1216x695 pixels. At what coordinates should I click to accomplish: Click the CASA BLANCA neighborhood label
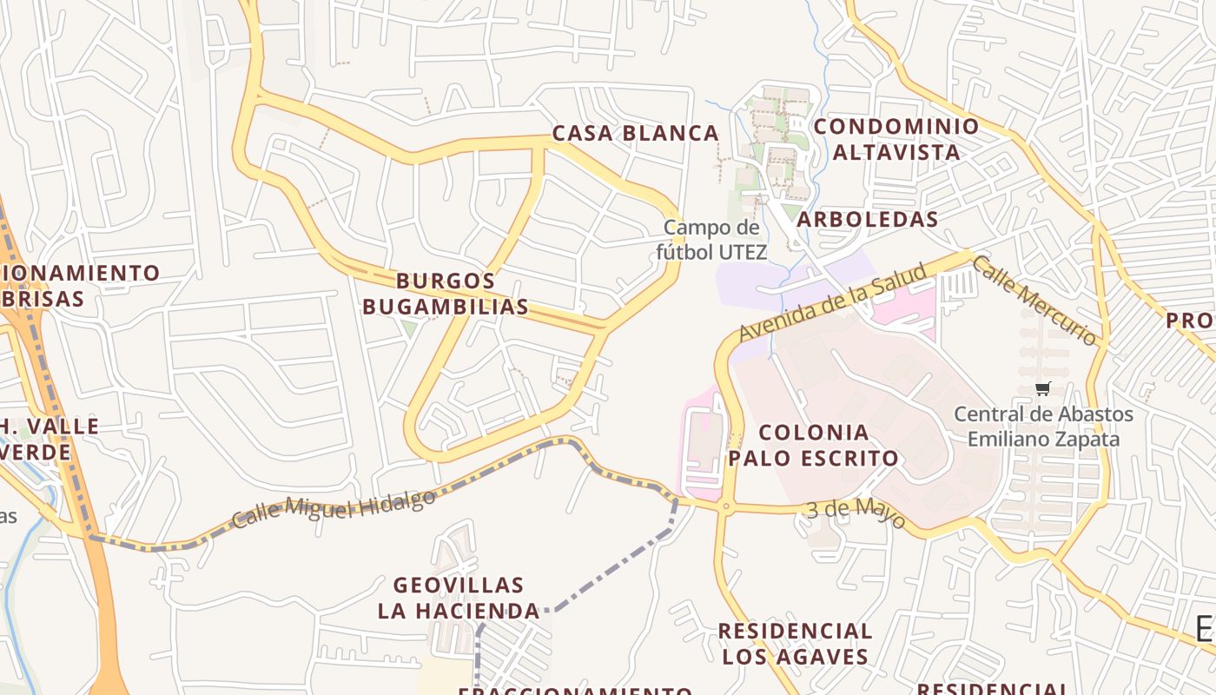(x=636, y=134)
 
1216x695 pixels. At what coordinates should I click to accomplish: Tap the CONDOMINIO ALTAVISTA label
(x=896, y=139)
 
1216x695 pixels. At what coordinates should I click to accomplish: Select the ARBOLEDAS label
(x=867, y=219)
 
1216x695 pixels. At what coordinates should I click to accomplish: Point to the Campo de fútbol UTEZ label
(x=711, y=240)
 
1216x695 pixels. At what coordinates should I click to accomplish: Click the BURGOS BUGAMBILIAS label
(x=445, y=294)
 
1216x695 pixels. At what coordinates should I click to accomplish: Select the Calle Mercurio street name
(x=1034, y=300)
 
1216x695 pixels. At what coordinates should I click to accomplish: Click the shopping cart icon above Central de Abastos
(x=1043, y=388)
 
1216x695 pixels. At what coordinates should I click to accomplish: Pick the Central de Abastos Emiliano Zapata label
(x=1043, y=427)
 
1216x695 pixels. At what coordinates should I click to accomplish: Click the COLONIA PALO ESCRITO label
(x=813, y=445)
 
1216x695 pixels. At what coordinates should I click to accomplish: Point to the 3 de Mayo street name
(x=856, y=513)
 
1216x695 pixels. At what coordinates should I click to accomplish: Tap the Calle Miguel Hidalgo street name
(x=334, y=509)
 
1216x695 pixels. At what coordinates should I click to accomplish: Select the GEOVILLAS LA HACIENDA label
(x=459, y=598)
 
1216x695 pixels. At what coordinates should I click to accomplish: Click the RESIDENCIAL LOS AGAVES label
(x=795, y=644)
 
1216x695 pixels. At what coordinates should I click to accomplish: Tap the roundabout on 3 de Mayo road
(x=724, y=506)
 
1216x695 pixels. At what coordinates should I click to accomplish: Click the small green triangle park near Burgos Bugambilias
(x=408, y=329)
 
